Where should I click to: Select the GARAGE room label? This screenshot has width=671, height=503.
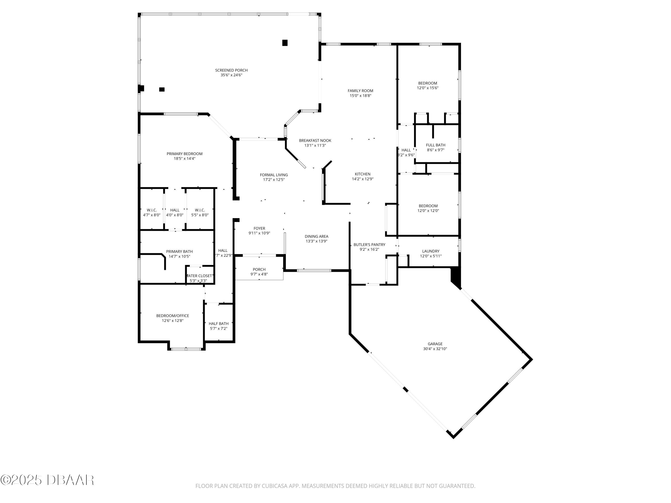435,344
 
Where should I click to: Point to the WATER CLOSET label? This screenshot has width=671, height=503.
199,276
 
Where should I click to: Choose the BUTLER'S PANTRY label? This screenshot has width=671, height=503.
369,245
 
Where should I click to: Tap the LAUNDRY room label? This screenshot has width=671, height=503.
431,251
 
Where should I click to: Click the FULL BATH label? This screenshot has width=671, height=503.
436,145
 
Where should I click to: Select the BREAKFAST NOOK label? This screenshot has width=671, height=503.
315,140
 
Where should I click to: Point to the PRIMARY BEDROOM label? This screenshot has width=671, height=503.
185,154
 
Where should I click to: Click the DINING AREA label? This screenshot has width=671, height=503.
316,237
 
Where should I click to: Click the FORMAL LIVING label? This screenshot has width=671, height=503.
274,175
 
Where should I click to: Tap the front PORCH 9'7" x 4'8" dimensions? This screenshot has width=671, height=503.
259,274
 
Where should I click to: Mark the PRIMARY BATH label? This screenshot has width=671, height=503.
179,251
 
